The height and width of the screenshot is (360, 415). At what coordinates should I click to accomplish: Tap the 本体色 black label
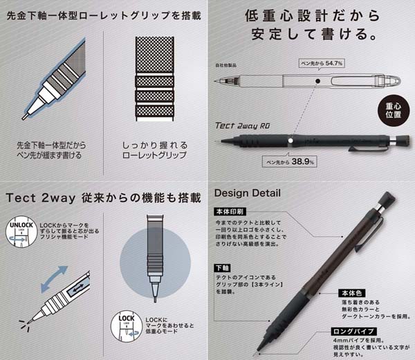pyautogui.click(x=352, y=293)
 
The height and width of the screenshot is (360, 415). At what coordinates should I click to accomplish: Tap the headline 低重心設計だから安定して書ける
pyautogui.click(x=312, y=24)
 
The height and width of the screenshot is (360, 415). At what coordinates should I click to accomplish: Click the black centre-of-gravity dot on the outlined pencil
pyautogui.click(x=316, y=81)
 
